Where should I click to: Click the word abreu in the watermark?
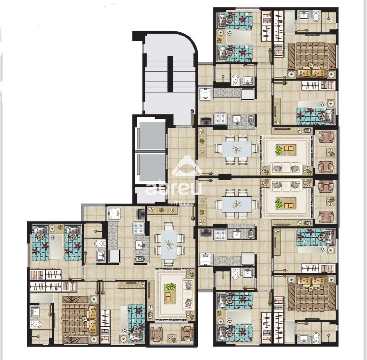point(174,187)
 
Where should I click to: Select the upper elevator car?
point(151,135)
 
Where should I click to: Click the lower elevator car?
point(151,167)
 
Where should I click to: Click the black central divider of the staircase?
point(170,74)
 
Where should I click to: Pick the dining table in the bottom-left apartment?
point(169,245)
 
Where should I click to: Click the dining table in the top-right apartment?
point(237,149)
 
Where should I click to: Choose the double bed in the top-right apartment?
point(312,60)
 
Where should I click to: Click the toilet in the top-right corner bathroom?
point(316,17)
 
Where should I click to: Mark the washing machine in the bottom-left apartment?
point(114,213)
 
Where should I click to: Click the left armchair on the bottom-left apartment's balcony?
point(157,334)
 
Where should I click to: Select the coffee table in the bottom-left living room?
point(170,294)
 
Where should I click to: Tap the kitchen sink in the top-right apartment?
point(237,119)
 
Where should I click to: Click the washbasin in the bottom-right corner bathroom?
point(304,338)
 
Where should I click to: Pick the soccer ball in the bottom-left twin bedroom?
point(53,238)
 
